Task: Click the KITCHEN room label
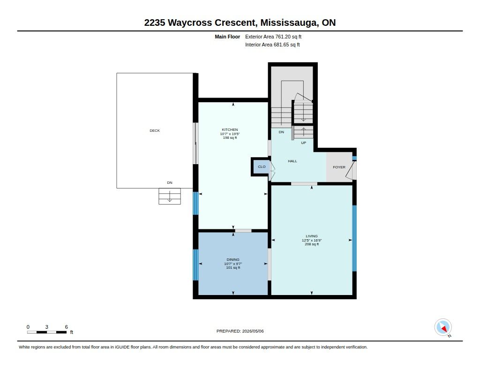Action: [x=230, y=129]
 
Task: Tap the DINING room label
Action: [x=233, y=259]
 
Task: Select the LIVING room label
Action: [x=312, y=236]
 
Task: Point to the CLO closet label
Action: [x=262, y=167]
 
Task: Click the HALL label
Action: [x=292, y=161]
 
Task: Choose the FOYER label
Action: [x=339, y=167]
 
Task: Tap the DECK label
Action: [x=155, y=130]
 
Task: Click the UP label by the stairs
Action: [x=303, y=143]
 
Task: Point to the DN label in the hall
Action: [x=281, y=132]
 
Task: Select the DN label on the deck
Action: [x=170, y=182]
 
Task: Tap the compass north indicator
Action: [x=443, y=327]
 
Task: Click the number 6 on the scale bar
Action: [x=66, y=327]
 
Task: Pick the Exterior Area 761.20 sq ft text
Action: [x=273, y=37]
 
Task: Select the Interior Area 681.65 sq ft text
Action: [x=272, y=45]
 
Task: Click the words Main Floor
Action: [x=227, y=37]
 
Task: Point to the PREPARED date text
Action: [x=240, y=331]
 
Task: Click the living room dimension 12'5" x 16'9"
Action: [x=312, y=241]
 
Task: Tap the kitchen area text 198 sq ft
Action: [x=230, y=138]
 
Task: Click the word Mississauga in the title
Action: [x=289, y=23]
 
